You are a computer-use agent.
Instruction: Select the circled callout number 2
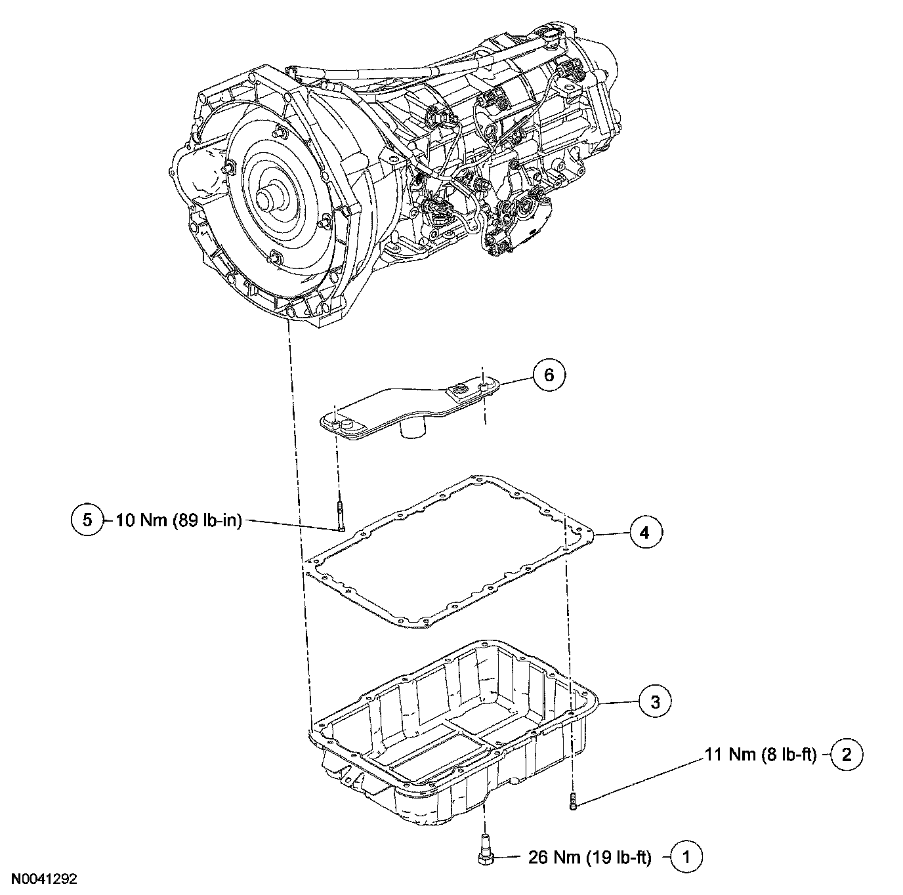pyautogui.click(x=846, y=755)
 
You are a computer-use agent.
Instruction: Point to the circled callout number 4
pyautogui.click(x=644, y=533)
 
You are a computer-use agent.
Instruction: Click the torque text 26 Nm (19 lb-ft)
pyautogui.click(x=589, y=856)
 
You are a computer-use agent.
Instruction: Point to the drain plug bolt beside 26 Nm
pyautogui.click(x=484, y=848)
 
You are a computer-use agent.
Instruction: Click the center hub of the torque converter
pyautogui.click(x=265, y=196)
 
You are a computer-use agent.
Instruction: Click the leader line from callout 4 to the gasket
pyautogui.click(x=611, y=535)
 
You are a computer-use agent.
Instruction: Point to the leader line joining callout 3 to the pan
pyautogui.click(x=618, y=703)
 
